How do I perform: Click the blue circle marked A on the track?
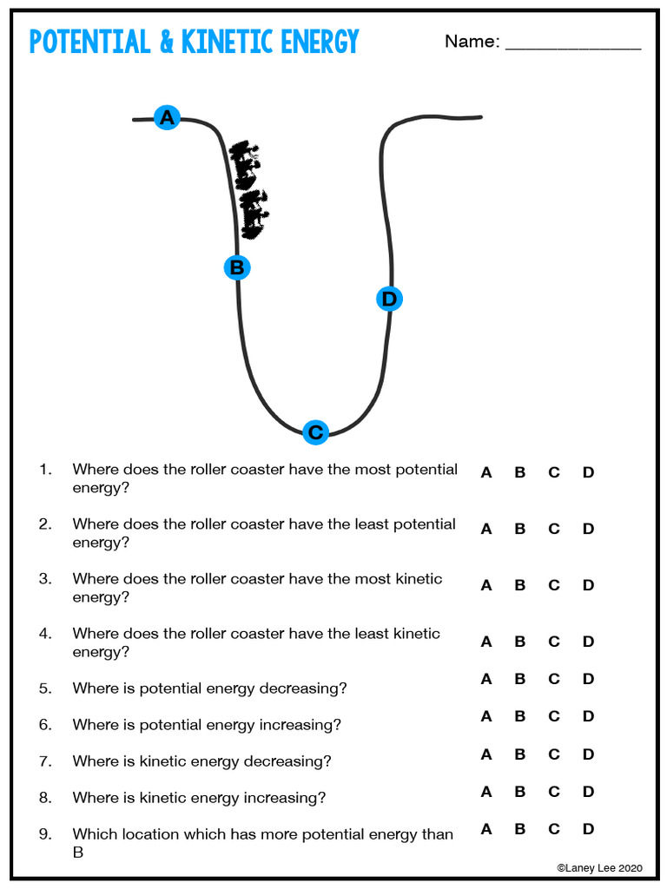pos(167,117)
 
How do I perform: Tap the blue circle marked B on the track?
pos(237,267)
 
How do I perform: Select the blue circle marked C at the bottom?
pos(315,431)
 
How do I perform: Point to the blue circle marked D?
pos(389,299)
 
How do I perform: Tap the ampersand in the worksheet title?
pos(166,42)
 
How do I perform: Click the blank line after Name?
pos(572,43)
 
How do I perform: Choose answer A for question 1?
pos(486,473)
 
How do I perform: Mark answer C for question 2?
pos(554,529)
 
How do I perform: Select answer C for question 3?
pos(554,585)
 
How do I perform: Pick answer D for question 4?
pos(588,642)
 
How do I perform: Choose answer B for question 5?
pos(520,679)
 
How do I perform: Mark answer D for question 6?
pos(588,716)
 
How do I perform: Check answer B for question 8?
pos(520,792)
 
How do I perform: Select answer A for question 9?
pos(486,829)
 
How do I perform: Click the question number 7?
pos(45,761)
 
